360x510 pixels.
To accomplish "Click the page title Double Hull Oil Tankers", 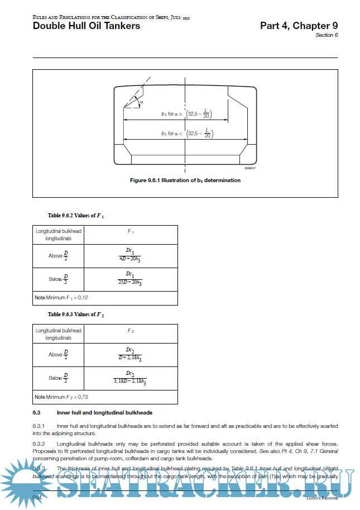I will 87,26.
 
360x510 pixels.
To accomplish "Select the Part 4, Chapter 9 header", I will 299,26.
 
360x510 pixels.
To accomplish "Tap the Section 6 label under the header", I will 327,35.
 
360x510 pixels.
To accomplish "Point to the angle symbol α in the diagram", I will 142,102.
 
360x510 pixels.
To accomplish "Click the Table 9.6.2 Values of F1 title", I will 76,215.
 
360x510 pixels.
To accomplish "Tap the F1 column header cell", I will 130,231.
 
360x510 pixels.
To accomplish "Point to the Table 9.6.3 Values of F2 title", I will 76,314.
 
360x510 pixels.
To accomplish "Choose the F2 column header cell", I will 130,331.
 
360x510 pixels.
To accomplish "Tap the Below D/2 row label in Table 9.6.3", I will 58,378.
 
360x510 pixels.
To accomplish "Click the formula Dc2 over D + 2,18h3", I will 130,354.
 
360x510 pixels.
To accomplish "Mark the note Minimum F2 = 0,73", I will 61,397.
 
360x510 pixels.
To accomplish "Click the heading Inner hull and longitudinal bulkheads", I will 104,413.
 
